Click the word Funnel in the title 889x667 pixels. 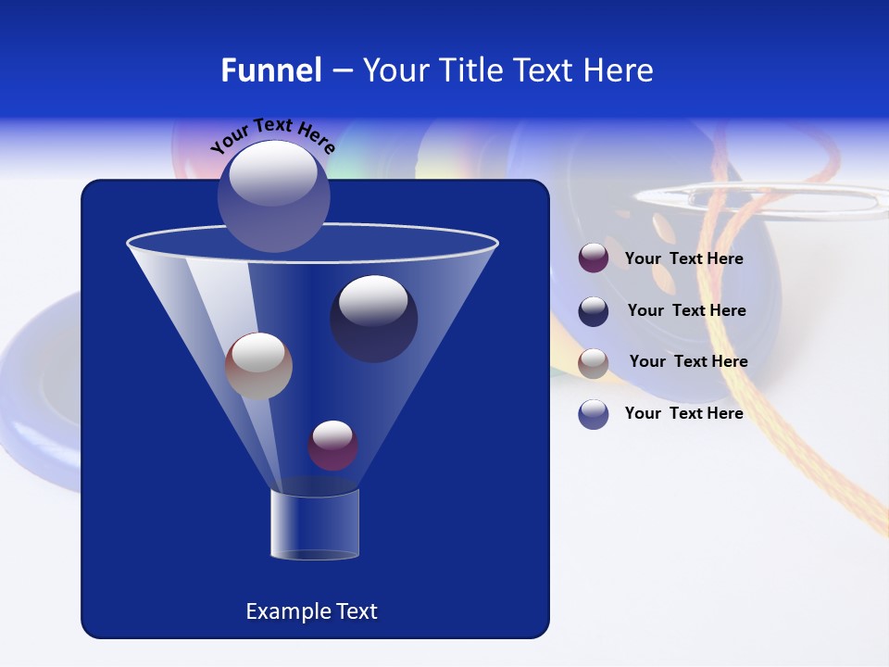(x=271, y=70)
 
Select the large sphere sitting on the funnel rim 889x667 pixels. (x=273, y=196)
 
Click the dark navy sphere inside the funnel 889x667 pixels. (x=374, y=319)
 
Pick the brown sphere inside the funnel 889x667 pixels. (x=258, y=366)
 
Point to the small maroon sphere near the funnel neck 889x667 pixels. (x=332, y=445)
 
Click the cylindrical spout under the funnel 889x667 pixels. (x=315, y=524)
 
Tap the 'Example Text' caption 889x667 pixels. (x=311, y=611)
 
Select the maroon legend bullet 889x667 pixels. (x=594, y=258)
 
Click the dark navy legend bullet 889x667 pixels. (x=594, y=311)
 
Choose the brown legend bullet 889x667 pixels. (x=594, y=363)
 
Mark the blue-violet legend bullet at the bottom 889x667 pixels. (x=594, y=414)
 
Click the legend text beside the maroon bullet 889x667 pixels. (x=683, y=258)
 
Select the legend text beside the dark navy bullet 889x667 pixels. (x=686, y=310)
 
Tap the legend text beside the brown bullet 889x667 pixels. (x=688, y=361)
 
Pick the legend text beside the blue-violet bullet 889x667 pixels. (x=683, y=413)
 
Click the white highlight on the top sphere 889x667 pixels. (x=273, y=174)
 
